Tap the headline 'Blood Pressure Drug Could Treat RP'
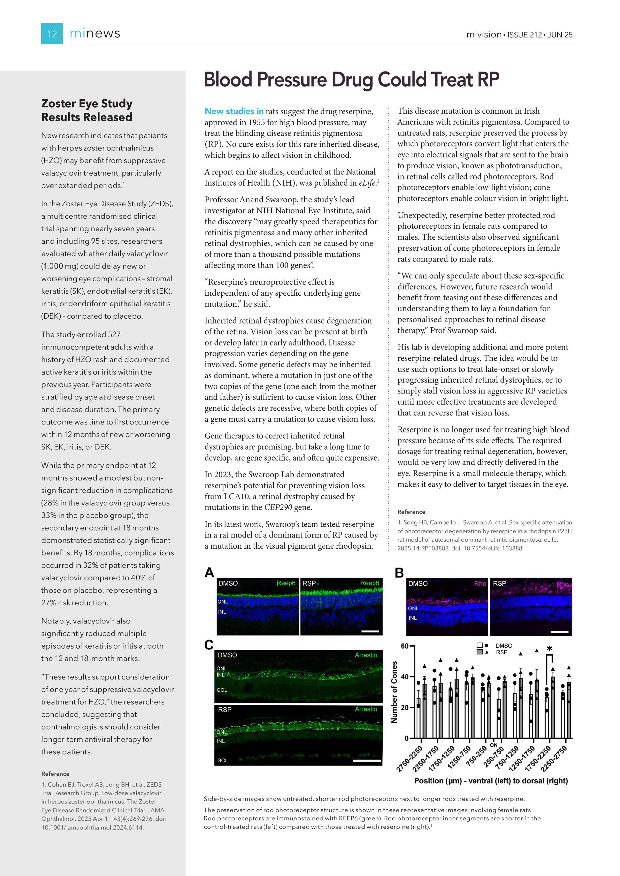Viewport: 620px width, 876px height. pyautogui.click(x=351, y=80)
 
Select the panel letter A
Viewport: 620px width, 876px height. pyautogui.click(x=209, y=573)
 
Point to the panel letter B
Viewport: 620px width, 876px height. pyautogui.click(x=399, y=573)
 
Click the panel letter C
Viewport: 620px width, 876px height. pyautogui.click(x=209, y=645)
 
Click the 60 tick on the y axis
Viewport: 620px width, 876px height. pyautogui.click(x=404, y=646)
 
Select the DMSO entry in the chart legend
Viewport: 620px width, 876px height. pyautogui.click(x=503, y=645)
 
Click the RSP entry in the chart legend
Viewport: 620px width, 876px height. pyautogui.click(x=501, y=652)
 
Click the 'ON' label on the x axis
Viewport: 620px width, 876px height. pyautogui.click(x=493, y=745)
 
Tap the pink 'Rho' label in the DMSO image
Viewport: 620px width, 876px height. pyautogui.click(x=480, y=583)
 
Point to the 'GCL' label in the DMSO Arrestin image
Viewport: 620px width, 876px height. pyautogui.click(x=222, y=690)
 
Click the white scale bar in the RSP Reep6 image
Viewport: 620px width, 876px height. pyautogui.click(x=370, y=631)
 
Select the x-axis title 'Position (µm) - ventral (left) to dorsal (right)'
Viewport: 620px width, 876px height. pyautogui.click(x=491, y=781)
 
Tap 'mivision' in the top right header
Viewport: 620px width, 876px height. pyautogui.click(x=484, y=35)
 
